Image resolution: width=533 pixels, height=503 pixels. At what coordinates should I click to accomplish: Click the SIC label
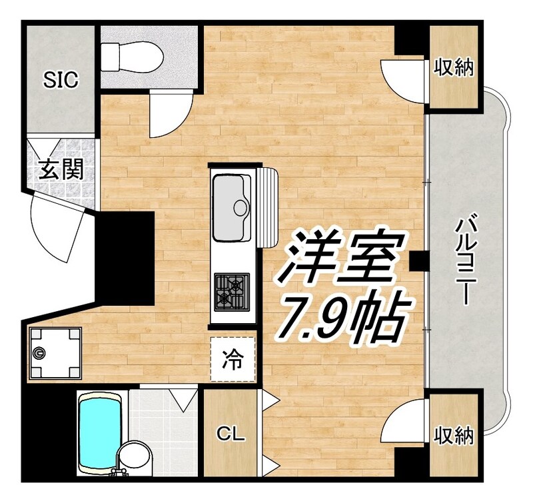click(61, 80)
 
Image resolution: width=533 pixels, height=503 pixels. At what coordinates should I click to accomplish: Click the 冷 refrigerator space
click(233, 360)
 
